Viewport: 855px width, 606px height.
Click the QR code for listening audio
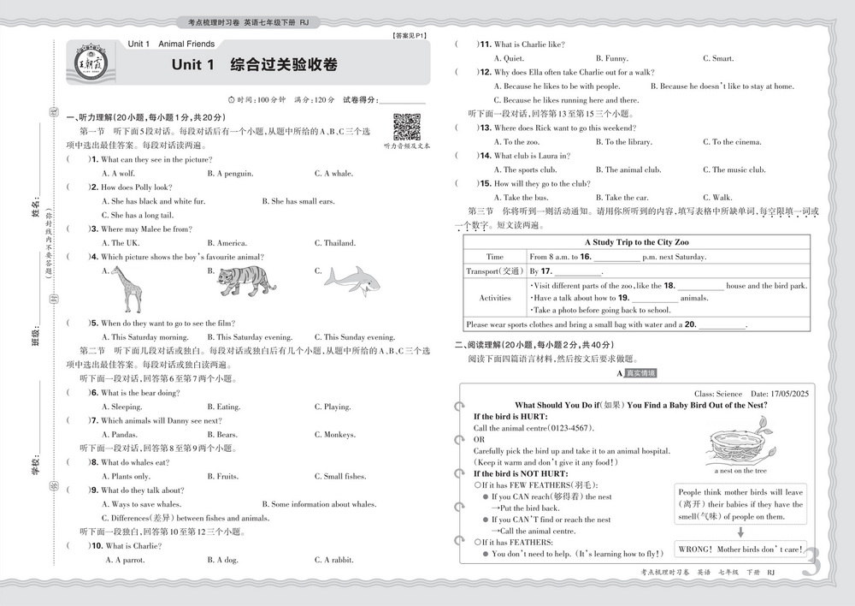[x=406, y=127]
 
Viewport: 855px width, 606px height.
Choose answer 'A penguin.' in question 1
[x=230, y=174]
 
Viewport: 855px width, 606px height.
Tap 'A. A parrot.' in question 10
[x=125, y=560]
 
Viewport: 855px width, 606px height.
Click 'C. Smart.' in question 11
[x=718, y=58]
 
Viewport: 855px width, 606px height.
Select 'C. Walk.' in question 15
[x=717, y=198]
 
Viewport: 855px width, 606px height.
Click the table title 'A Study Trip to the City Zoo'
[x=637, y=242]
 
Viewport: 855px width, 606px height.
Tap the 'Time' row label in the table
[x=495, y=257]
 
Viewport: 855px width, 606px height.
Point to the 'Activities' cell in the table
[x=495, y=298]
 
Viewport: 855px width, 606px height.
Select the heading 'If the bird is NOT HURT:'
[x=521, y=473]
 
